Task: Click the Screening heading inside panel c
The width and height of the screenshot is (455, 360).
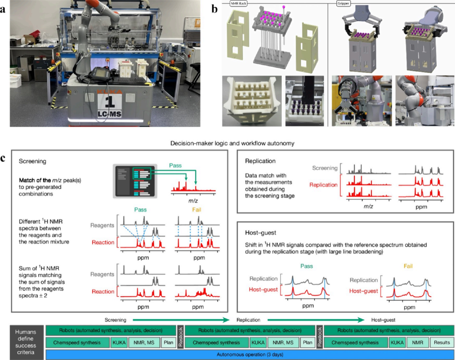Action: (32, 161)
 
